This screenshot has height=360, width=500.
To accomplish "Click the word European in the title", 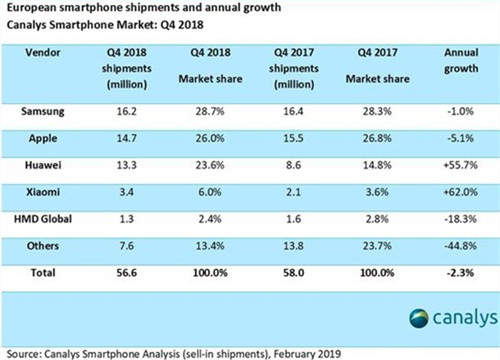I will pyautogui.click(x=34, y=7).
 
